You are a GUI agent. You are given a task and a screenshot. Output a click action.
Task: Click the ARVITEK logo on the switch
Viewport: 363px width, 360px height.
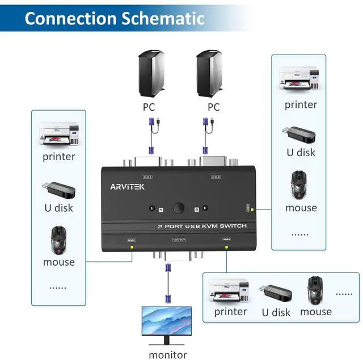point(127,186)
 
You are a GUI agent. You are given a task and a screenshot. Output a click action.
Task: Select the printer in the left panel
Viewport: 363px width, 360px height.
point(58,134)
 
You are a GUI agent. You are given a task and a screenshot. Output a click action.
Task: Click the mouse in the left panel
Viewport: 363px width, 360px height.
point(59,240)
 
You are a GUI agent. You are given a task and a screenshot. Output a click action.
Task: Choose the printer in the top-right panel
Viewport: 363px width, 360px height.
point(299,78)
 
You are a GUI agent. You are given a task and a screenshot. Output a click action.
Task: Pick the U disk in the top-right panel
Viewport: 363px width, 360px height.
point(299,134)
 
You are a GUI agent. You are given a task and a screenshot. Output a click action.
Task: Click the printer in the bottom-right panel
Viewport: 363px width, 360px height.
point(229,291)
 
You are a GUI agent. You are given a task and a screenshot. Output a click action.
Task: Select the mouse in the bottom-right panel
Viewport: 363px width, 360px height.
point(315,290)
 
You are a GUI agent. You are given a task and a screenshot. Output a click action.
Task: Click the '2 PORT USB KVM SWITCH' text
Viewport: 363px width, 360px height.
point(202,227)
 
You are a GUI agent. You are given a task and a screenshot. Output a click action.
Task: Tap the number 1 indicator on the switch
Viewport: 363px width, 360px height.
point(161,210)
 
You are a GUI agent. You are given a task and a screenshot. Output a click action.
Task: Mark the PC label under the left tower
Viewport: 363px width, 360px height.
point(149,106)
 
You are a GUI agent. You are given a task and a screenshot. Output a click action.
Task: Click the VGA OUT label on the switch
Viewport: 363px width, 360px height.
point(179,240)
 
